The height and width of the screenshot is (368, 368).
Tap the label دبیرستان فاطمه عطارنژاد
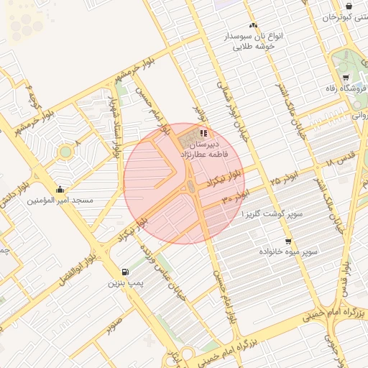pos(204,149)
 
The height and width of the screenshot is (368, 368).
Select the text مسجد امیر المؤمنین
pos(60,201)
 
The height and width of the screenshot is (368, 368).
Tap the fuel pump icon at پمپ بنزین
pos(126,272)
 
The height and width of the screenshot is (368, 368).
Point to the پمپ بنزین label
pos(126,284)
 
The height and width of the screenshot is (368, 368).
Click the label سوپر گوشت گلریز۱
pos(272,214)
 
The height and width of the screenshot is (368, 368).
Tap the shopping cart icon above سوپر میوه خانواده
pos(288,241)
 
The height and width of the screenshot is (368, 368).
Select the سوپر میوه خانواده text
pos(290,253)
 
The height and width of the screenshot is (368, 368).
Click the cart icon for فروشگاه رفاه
pos(346,78)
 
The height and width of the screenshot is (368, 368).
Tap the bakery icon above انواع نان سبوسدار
pos(253,25)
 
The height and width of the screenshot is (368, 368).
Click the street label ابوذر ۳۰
pos(236,195)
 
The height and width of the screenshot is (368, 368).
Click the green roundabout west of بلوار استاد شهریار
pos(66,152)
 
